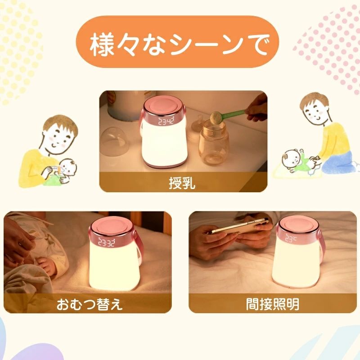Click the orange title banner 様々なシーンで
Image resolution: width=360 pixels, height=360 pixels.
pyautogui.click(x=177, y=42)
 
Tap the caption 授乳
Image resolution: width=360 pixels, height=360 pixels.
pyautogui.click(x=182, y=183)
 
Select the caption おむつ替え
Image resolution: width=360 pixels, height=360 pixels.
pyautogui.click(x=90, y=304)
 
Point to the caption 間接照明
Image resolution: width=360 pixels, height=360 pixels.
pyautogui.click(x=273, y=304)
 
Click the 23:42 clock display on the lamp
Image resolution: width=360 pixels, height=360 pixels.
pyautogui.click(x=166, y=121)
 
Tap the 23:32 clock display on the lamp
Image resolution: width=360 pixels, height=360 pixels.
pyautogui.click(x=107, y=242)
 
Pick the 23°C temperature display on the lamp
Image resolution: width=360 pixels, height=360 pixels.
pyautogui.click(x=291, y=238)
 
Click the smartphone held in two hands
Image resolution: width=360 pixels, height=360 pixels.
pyautogui.click(x=239, y=226)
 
